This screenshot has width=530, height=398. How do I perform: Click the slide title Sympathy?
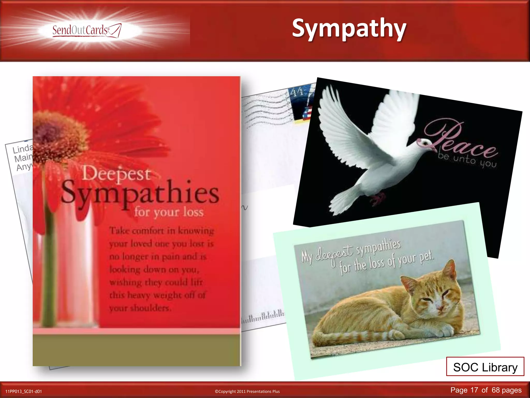(349, 29)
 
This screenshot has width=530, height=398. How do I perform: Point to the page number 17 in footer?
(474, 390)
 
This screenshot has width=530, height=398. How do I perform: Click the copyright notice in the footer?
(247, 391)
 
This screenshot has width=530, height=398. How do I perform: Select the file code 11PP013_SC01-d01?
(24, 391)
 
